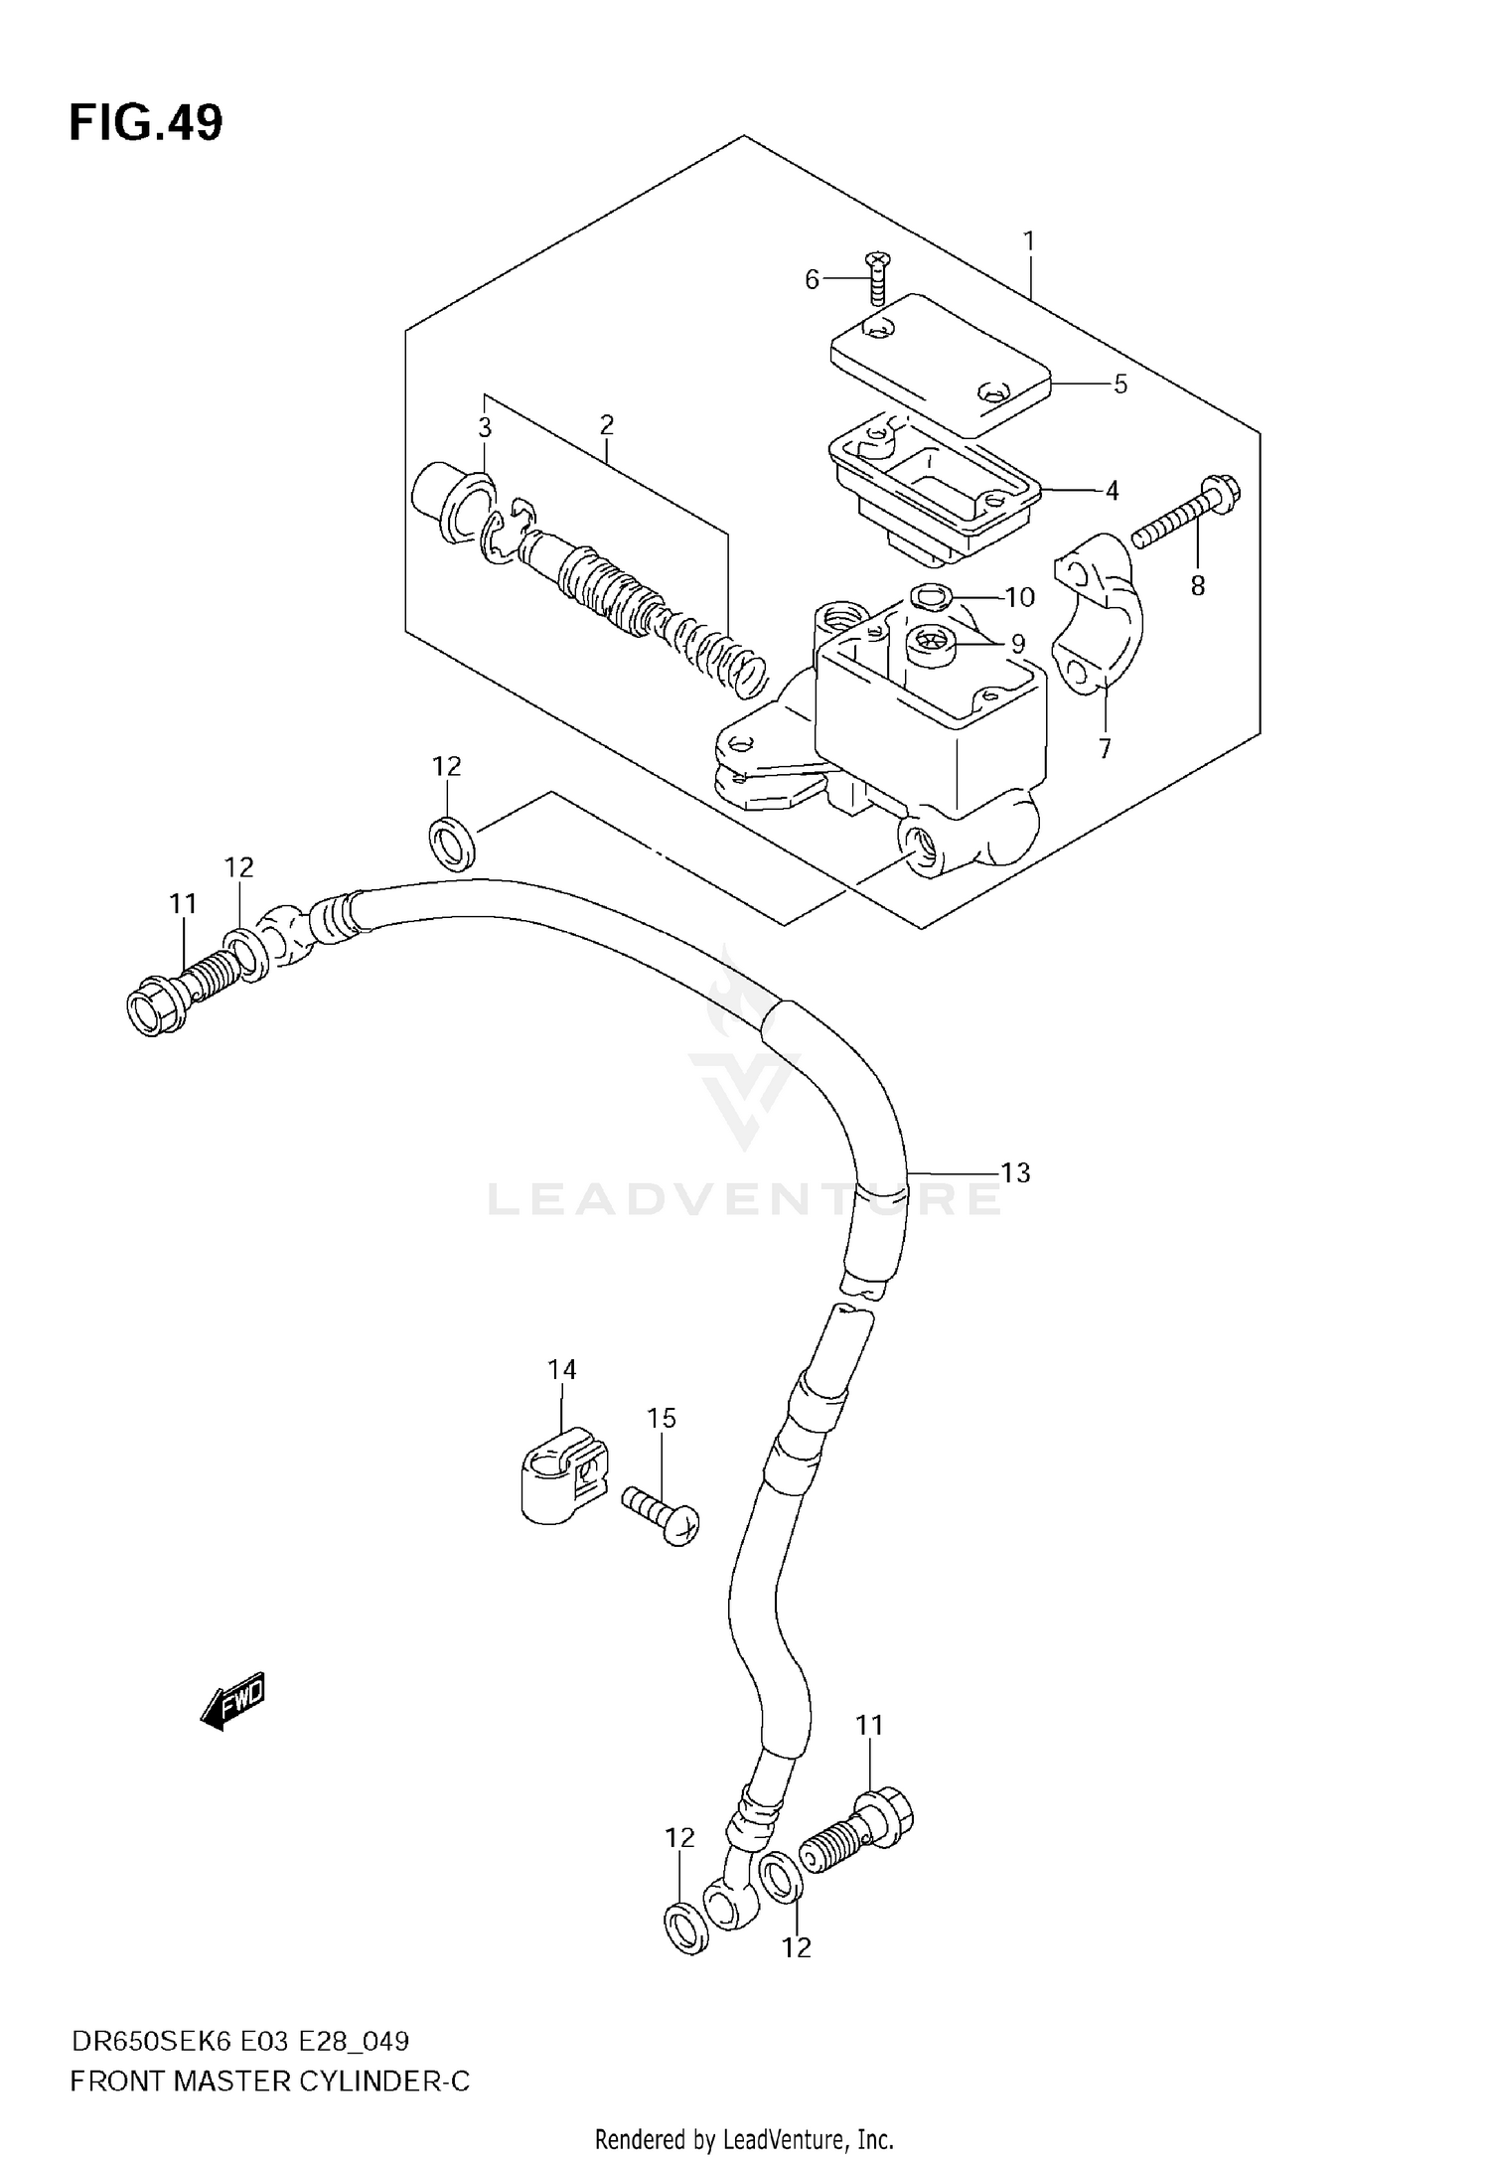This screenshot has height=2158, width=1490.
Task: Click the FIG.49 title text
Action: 146,124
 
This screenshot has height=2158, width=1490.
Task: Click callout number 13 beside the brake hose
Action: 1015,1172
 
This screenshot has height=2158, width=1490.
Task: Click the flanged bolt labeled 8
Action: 1187,514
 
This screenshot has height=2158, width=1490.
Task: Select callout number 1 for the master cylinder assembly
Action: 1029,240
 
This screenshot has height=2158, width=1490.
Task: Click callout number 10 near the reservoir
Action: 1019,597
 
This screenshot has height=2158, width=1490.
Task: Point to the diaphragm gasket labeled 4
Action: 934,487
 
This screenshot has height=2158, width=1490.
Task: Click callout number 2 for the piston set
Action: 607,425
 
